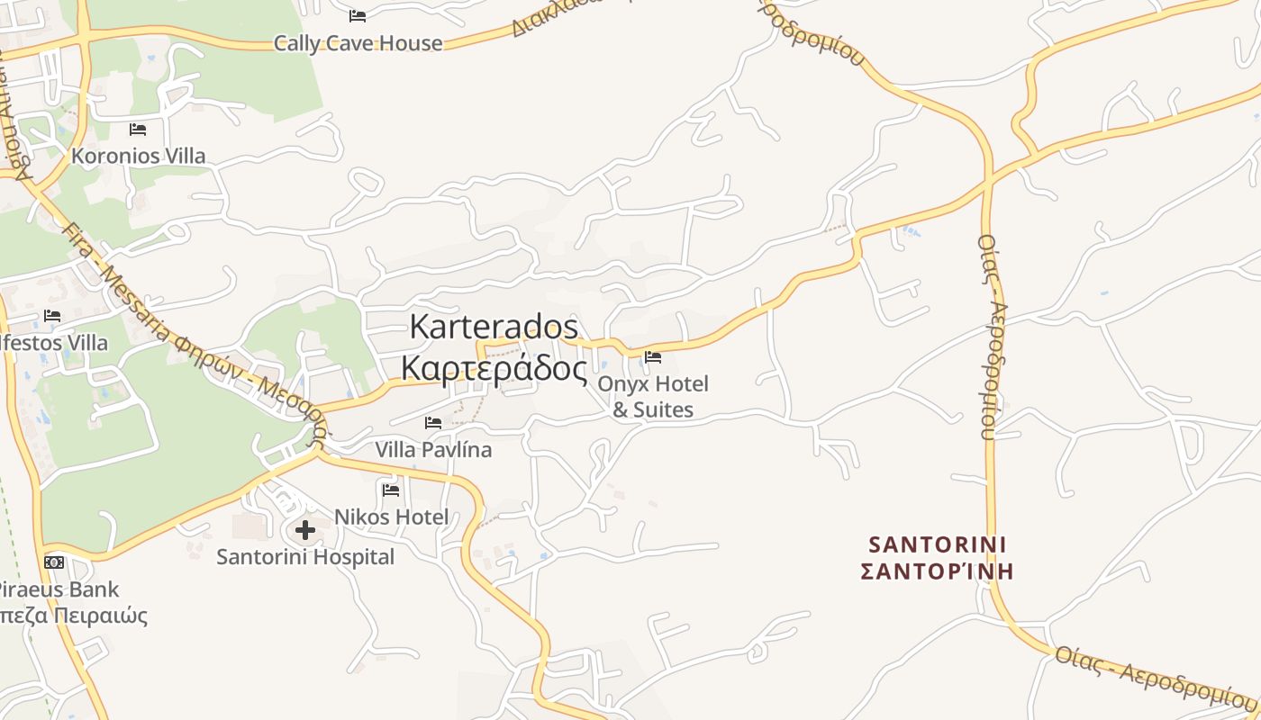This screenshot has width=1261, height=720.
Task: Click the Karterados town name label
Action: pyautogui.click(x=494, y=326)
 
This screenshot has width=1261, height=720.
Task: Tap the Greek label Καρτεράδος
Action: pyautogui.click(x=494, y=368)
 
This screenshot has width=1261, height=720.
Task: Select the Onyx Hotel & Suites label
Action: pyautogui.click(x=653, y=396)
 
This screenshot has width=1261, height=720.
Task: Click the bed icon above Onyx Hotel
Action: pyautogui.click(x=653, y=358)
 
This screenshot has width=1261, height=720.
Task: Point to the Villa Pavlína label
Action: pyautogui.click(x=433, y=448)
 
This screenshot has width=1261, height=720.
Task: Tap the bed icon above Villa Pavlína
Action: pyautogui.click(x=433, y=422)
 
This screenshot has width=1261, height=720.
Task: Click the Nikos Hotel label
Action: pyautogui.click(x=391, y=517)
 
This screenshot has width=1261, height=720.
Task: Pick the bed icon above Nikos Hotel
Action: pyautogui.click(x=391, y=490)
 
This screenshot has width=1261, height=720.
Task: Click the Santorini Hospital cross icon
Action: pyautogui.click(x=305, y=530)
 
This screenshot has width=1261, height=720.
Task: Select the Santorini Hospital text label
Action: pyautogui.click(x=305, y=557)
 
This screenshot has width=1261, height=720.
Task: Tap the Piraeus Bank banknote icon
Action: pyautogui.click(x=54, y=562)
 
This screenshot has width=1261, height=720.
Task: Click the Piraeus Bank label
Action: pyautogui.click(x=59, y=589)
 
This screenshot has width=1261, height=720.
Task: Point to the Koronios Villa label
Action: pyautogui.click(x=138, y=156)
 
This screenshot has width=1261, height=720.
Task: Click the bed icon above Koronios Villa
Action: pyautogui.click(x=137, y=130)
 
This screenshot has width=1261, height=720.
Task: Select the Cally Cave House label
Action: pyautogui.click(x=358, y=42)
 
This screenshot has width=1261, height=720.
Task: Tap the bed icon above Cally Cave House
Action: pyautogui.click(x=358, y=15)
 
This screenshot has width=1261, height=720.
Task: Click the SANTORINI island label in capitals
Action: pyautogui.click(x=938, y=544)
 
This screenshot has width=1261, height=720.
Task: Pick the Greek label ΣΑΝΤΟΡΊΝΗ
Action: pyautogui.click(x=938, y=571)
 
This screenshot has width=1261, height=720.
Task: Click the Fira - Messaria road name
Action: pyautogui.click(x=135, y=288)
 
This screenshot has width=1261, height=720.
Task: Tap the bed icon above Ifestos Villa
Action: pyautogui.click(x=52, y=316)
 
